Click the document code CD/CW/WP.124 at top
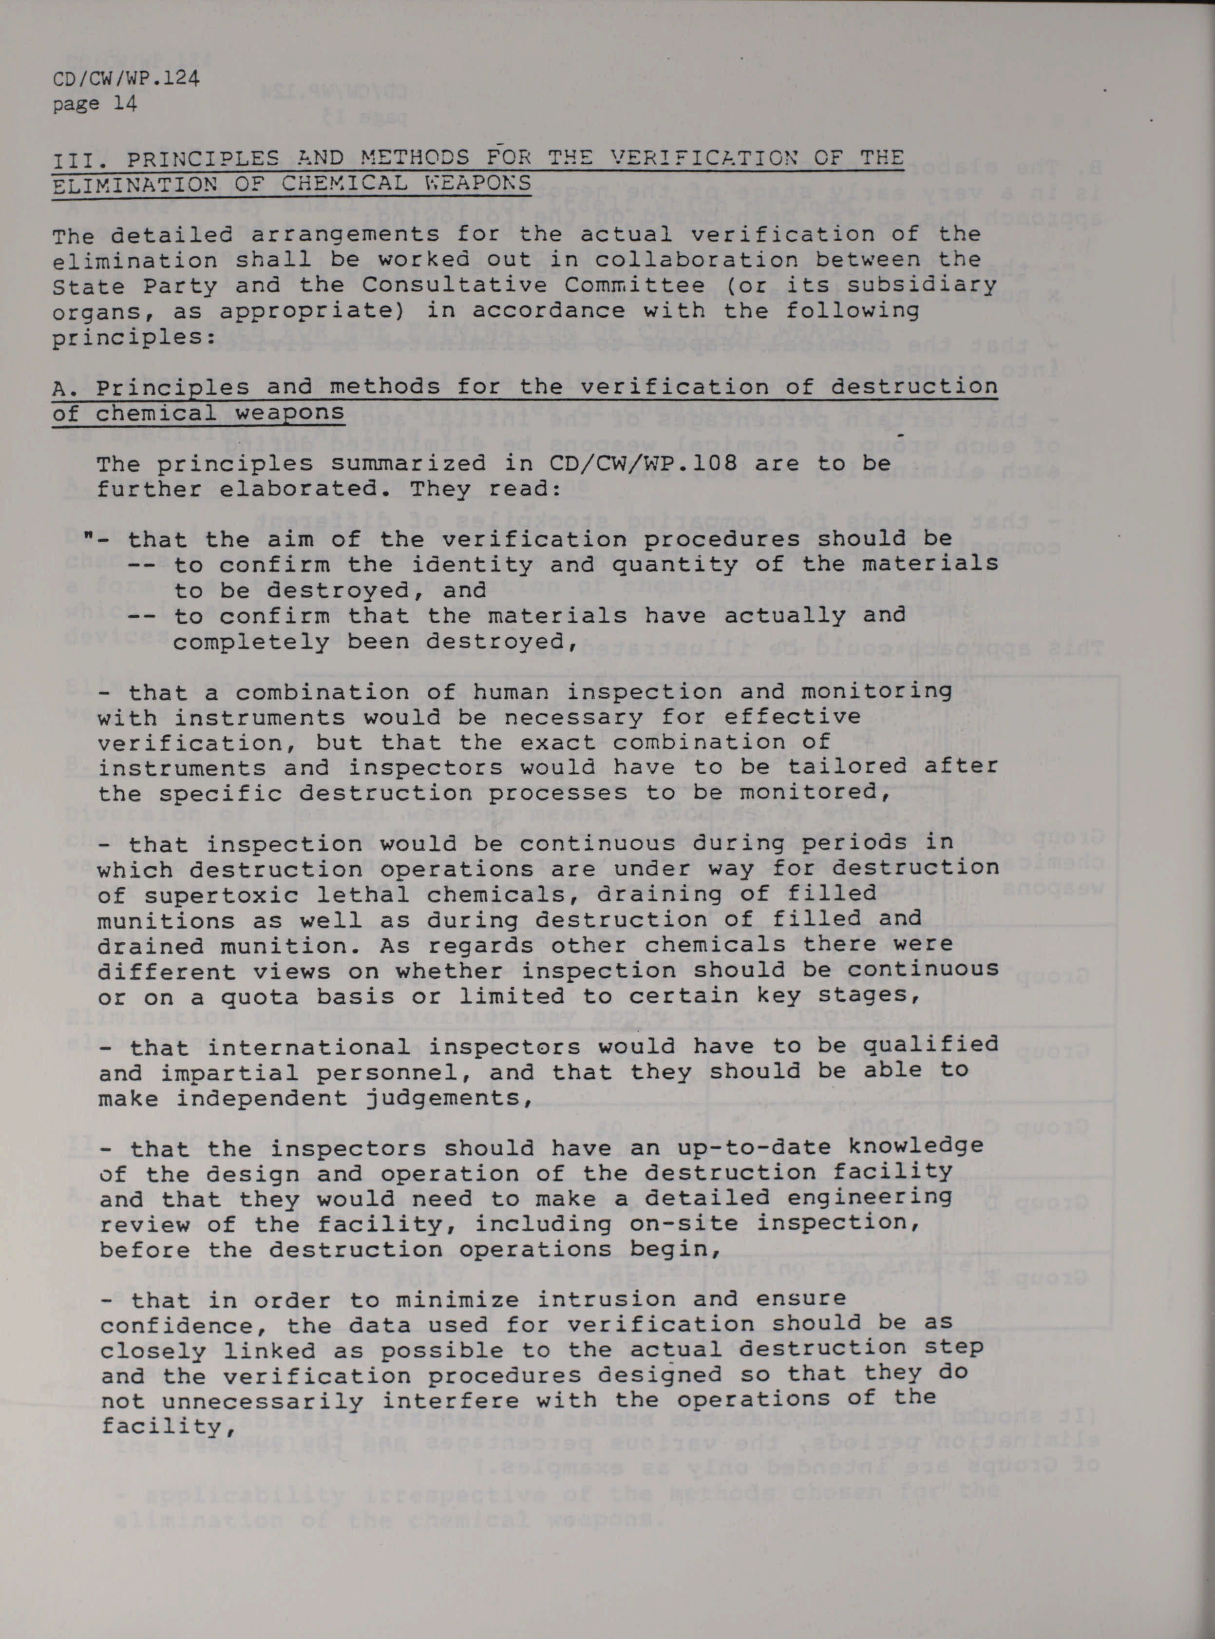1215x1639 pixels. (126, 79)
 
